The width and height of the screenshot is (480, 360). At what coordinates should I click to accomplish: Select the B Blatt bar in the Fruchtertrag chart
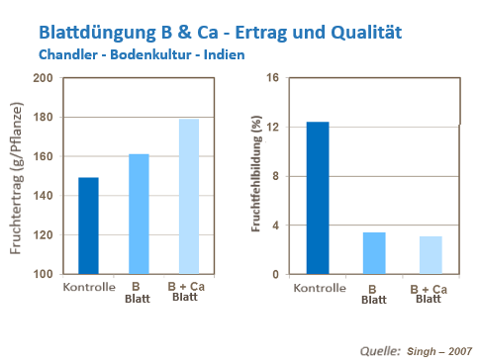pos(138,215)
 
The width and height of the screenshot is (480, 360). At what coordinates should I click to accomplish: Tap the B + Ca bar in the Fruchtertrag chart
pos(188,197)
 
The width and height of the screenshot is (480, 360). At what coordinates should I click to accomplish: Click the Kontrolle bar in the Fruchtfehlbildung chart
pos(317,198)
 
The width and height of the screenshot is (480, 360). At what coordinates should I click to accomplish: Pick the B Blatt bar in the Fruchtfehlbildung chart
pos(373,253)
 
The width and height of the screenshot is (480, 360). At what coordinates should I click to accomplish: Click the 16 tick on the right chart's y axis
pos(275,78)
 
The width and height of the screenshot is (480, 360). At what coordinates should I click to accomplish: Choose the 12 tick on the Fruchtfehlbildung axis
pos(275,128)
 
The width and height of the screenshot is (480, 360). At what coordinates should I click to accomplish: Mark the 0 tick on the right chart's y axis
pos(278,274)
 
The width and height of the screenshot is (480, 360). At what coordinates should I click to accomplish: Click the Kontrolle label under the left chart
pos(88,288)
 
